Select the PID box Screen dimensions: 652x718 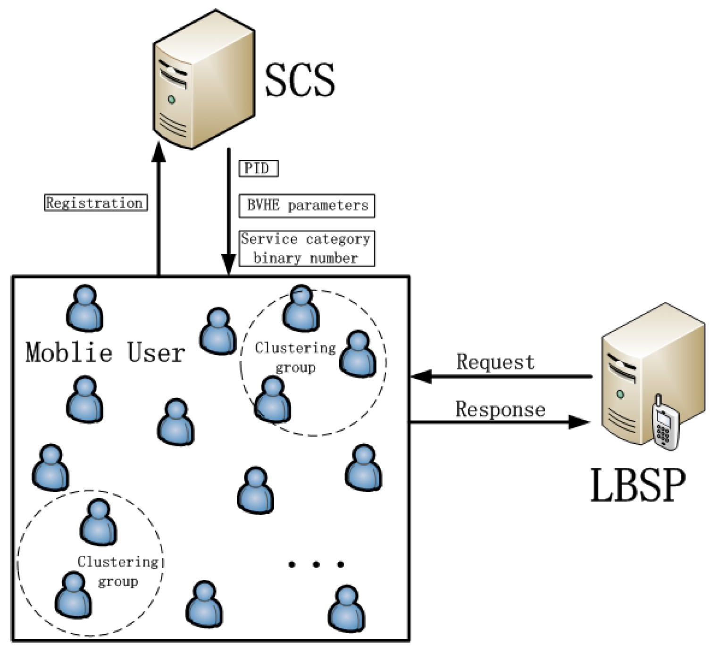259,168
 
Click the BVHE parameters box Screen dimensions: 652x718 307,206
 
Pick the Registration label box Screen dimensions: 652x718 96,203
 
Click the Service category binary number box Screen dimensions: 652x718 307,249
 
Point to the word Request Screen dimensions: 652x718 495,362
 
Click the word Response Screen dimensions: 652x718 500,409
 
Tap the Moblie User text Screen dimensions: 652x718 105,352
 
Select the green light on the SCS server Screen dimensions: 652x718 172,100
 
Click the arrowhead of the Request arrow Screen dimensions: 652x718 421,376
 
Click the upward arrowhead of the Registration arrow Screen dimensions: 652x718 159,152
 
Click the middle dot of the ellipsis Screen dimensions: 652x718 316,564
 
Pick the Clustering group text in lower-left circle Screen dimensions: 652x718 118,571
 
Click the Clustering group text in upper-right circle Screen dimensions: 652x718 295,357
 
